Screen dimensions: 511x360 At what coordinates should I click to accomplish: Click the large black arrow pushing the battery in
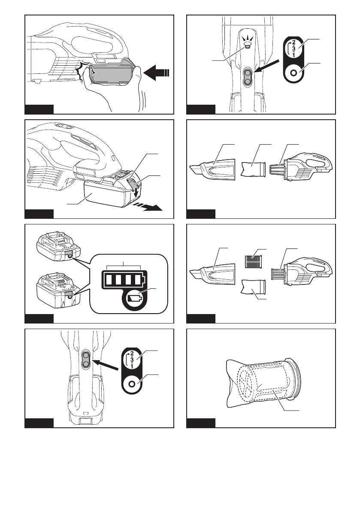tap(157, 74)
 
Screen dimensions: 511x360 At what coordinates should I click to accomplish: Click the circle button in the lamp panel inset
tap(294, 73)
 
